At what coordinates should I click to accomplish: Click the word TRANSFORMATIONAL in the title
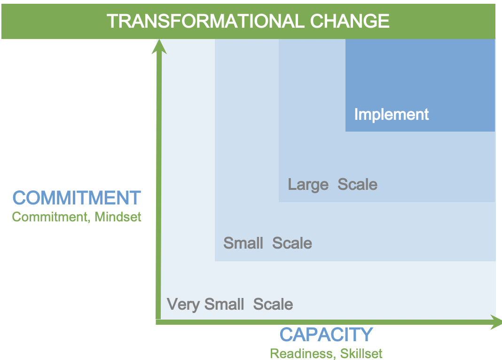(x=205, y=21)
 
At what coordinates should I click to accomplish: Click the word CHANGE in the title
(x=350, y=21)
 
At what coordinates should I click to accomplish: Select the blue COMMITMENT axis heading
(x=77, y=198)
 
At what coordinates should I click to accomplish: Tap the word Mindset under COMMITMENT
(x=118, y=217)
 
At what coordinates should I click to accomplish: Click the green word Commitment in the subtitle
(x=50, y=217)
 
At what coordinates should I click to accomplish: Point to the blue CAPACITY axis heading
(x=326, y=335)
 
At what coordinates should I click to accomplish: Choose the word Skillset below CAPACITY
(x=361, y=353)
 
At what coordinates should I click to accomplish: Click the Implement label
(x=392, y=115)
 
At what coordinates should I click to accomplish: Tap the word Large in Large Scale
(x=308, y=185)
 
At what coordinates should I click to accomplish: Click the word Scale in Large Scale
(x=358, y=184)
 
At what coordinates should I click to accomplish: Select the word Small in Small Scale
(x=243, y=243)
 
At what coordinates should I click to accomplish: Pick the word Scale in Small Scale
(x=292, y=243)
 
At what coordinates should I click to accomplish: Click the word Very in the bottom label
(x=183, y=305)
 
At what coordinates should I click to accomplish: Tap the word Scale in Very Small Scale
(x=273, y=304)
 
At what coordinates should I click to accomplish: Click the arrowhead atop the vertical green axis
(x=159, y=46)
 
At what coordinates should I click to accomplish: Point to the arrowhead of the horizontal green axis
(x=496, y=322)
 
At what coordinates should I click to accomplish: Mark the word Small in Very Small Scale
(x=224, y=304)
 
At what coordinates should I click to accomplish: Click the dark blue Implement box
(x=420, y=85)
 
